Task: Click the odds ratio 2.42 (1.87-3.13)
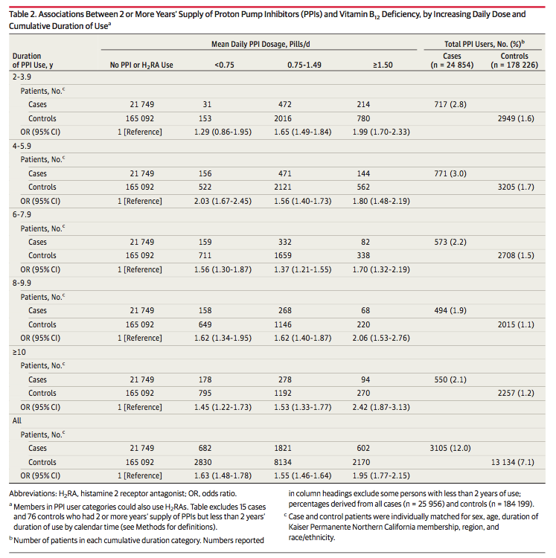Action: (381, 407)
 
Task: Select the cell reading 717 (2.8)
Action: (450, 105)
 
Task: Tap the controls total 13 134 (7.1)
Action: (513, 462)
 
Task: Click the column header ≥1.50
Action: (383, 65)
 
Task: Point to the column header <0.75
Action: (224, 65)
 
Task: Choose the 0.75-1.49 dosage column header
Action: (304, 65)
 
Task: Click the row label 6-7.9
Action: (22, 214)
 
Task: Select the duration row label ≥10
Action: (19, 352)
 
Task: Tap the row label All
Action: (16, 420)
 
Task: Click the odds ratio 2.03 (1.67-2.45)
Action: (223, 201)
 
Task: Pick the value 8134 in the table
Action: (283, 462)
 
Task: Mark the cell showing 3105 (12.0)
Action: (450, 449)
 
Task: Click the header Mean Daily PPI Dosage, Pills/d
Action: (261, 44)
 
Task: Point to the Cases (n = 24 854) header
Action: (452, 60)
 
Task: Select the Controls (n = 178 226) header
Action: (514, 60)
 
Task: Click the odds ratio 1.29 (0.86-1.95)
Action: (223, 132)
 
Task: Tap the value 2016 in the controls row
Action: (283, 118)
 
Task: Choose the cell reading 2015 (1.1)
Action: (516, 324)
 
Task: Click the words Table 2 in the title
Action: (22, 14)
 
